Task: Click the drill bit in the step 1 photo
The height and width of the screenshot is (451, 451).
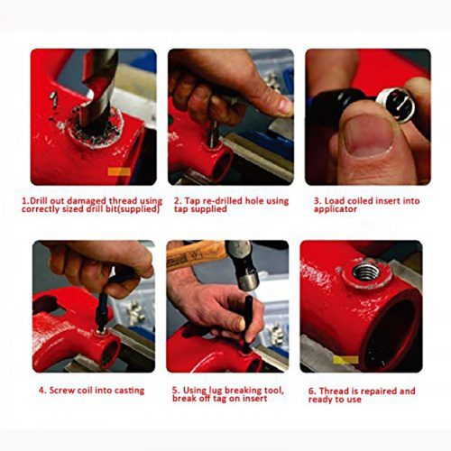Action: point(97,90)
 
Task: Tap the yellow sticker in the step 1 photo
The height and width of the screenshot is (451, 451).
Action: point(119,172)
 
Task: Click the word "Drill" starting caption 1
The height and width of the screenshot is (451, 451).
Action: point(39,200)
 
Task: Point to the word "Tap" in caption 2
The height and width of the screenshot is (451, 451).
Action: point(191,200)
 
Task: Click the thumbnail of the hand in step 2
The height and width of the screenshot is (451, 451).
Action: point(284,106)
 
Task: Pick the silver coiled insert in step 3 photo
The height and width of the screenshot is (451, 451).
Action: point(396,106)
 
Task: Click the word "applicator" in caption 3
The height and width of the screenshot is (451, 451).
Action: point(336,209)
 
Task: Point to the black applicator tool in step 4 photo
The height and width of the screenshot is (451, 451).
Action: point(102,313)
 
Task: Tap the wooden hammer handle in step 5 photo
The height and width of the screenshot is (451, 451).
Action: point(197,255)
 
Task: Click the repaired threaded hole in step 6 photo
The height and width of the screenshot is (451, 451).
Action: point(366,272)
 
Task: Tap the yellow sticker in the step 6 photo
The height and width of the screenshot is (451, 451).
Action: point(345,360)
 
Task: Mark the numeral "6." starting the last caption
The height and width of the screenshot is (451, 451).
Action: point(312,391)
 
